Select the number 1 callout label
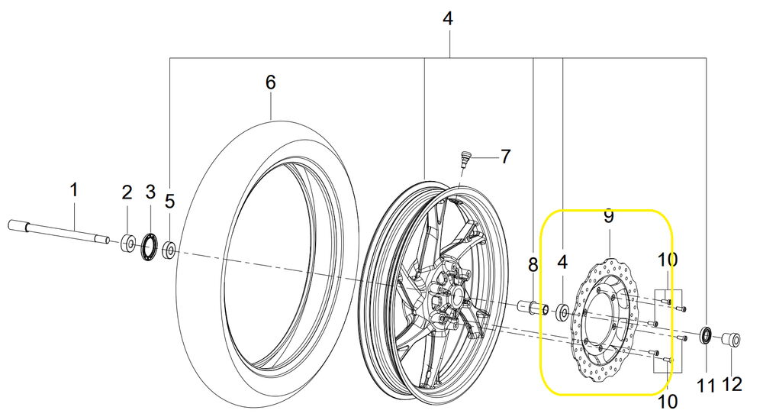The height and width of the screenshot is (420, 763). point(73,190)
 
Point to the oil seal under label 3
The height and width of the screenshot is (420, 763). point(150,247)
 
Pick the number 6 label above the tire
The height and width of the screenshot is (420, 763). point(271,82)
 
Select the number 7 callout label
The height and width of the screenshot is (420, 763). point(506,157)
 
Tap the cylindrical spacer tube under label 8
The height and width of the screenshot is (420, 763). point(533,309)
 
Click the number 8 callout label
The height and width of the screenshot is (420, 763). point(533,265)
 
